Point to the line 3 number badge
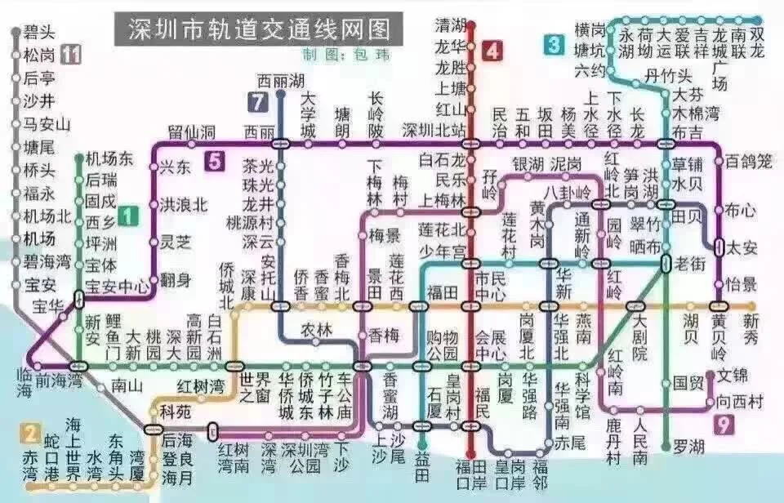[555, 43]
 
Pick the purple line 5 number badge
[214, 161]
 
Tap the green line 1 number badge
[127, 216]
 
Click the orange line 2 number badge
[31, 433]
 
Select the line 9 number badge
[722, 423]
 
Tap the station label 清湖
[450, 25]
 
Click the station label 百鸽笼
[748, 162]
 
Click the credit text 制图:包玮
[335, 55]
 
